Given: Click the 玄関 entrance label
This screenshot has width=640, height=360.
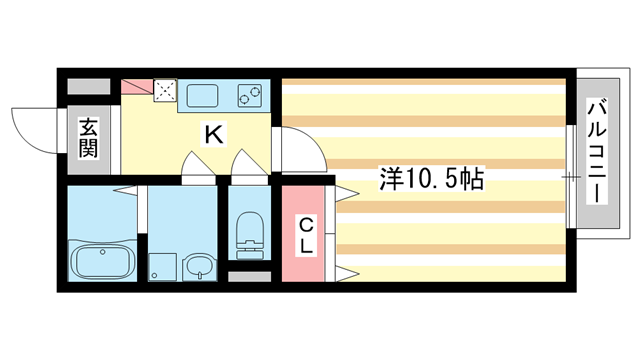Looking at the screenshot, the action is click(89, 138).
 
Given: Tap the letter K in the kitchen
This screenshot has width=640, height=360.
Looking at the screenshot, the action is click(214, 135).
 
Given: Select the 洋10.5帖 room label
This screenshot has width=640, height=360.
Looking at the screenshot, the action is click(432, 178).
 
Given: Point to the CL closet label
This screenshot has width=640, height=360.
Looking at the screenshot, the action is click(306, 235).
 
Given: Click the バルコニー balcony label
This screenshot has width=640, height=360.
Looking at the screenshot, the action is click(597, 151).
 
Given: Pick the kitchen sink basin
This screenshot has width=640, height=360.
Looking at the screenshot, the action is click(202, 96).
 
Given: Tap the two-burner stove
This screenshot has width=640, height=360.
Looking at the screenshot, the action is click(250, 96).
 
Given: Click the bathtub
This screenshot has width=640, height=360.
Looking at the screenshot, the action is click(102, 263).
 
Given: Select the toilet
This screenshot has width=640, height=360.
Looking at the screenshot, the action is click(249, 236).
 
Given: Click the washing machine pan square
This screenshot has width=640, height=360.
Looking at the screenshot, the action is click(162, 267).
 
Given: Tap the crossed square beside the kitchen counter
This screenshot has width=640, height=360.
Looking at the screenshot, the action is click(165, 90).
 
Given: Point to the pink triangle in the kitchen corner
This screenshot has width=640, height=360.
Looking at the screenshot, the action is click(137, 87).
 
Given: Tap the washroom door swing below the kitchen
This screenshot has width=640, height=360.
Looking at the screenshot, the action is click(198, 166).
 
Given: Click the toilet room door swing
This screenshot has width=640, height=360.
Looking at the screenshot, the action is click(249, 164).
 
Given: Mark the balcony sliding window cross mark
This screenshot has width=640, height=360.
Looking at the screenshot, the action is click(571, 177).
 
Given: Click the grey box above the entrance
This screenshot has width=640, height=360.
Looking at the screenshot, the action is click(89, 87).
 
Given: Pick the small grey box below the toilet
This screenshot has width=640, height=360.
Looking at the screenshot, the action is click(249, 277).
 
